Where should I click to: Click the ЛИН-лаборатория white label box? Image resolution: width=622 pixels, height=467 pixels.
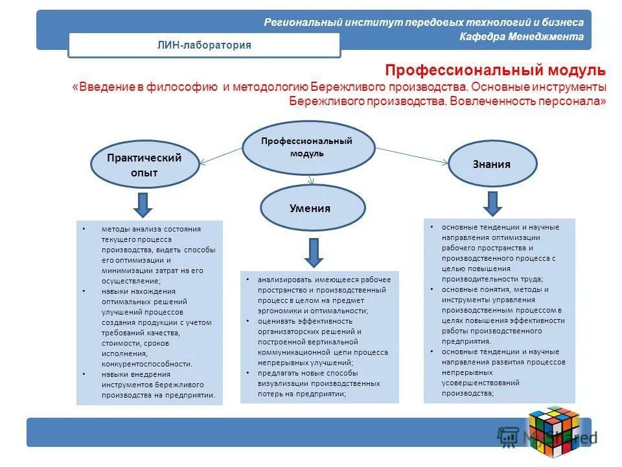click(204, 45)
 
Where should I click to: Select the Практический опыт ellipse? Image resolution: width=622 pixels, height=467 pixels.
click(144, 165)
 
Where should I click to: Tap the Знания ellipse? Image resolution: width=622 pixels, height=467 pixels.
click(492, 164)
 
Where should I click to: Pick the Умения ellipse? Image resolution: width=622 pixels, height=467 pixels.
click(312, 208)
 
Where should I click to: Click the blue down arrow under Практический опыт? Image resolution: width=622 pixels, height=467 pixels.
click(144, 204)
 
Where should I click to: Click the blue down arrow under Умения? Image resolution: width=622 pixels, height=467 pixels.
click(314, 252)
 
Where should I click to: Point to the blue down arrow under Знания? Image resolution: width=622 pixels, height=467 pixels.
click(492, 203)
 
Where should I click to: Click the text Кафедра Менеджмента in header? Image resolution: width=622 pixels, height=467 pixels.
click(522, 37)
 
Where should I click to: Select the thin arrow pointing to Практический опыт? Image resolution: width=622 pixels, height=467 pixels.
click(220, 156)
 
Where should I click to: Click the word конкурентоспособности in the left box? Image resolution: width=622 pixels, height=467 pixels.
click(146, 364)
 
